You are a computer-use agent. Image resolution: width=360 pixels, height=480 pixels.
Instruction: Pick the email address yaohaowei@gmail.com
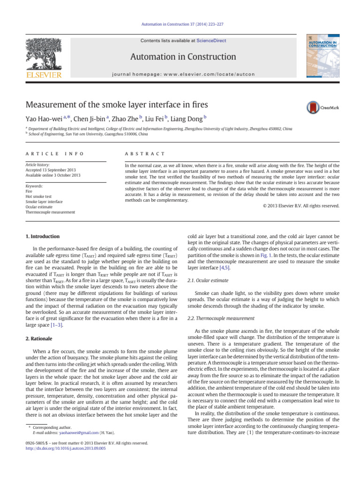79,432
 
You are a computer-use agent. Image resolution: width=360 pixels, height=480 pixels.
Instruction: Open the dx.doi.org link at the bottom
66,449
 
